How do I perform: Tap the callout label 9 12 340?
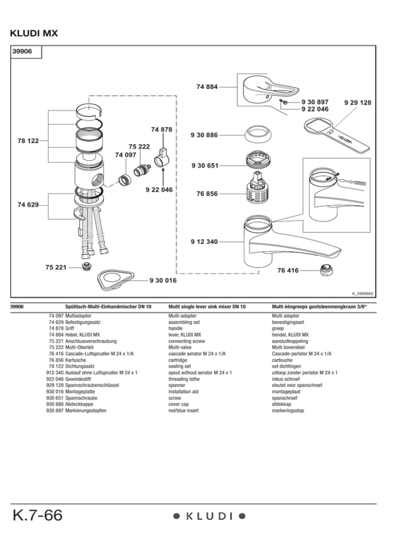[x=204, y=242]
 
